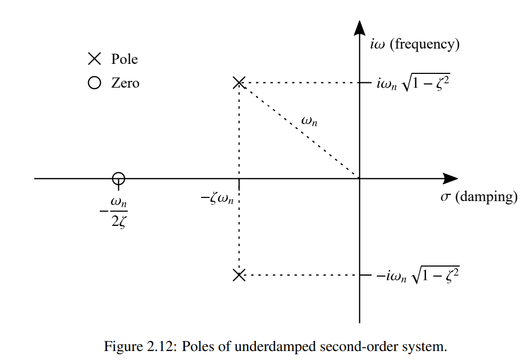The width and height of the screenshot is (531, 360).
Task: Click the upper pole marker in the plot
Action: coord(239,82)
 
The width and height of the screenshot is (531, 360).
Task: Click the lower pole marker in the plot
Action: coord(239,275)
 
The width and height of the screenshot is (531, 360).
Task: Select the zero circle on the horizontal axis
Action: coord(119,178)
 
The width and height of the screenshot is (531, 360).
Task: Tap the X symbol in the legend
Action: coord(94,59)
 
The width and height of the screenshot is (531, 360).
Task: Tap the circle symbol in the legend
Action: coord(94,83)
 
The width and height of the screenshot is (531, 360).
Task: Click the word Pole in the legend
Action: coord(125,59)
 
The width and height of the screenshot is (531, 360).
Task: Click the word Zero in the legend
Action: coord(126,83)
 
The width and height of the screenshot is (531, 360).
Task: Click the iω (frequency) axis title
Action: coord(415,44)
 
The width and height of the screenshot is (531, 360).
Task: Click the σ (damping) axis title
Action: coord(479,197)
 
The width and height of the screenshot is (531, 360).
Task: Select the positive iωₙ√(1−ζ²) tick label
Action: coord(414,83)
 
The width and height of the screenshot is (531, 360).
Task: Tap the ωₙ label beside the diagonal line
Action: coord(309,121)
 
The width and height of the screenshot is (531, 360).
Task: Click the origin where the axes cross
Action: coord(359,178)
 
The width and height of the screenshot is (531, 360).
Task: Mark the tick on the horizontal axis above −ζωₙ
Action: coord(239,183)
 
